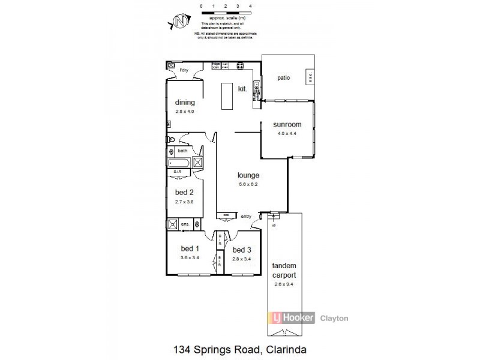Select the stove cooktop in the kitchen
pos(239,65)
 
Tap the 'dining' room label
pos(185,103)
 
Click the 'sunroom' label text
pos(287,125)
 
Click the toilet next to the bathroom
pos(170,140)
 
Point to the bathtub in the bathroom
pos(181,162)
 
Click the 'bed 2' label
pos(184,193)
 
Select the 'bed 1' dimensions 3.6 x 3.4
pos(190,257)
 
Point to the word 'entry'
pos(246,217)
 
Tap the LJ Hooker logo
pos(292,319)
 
